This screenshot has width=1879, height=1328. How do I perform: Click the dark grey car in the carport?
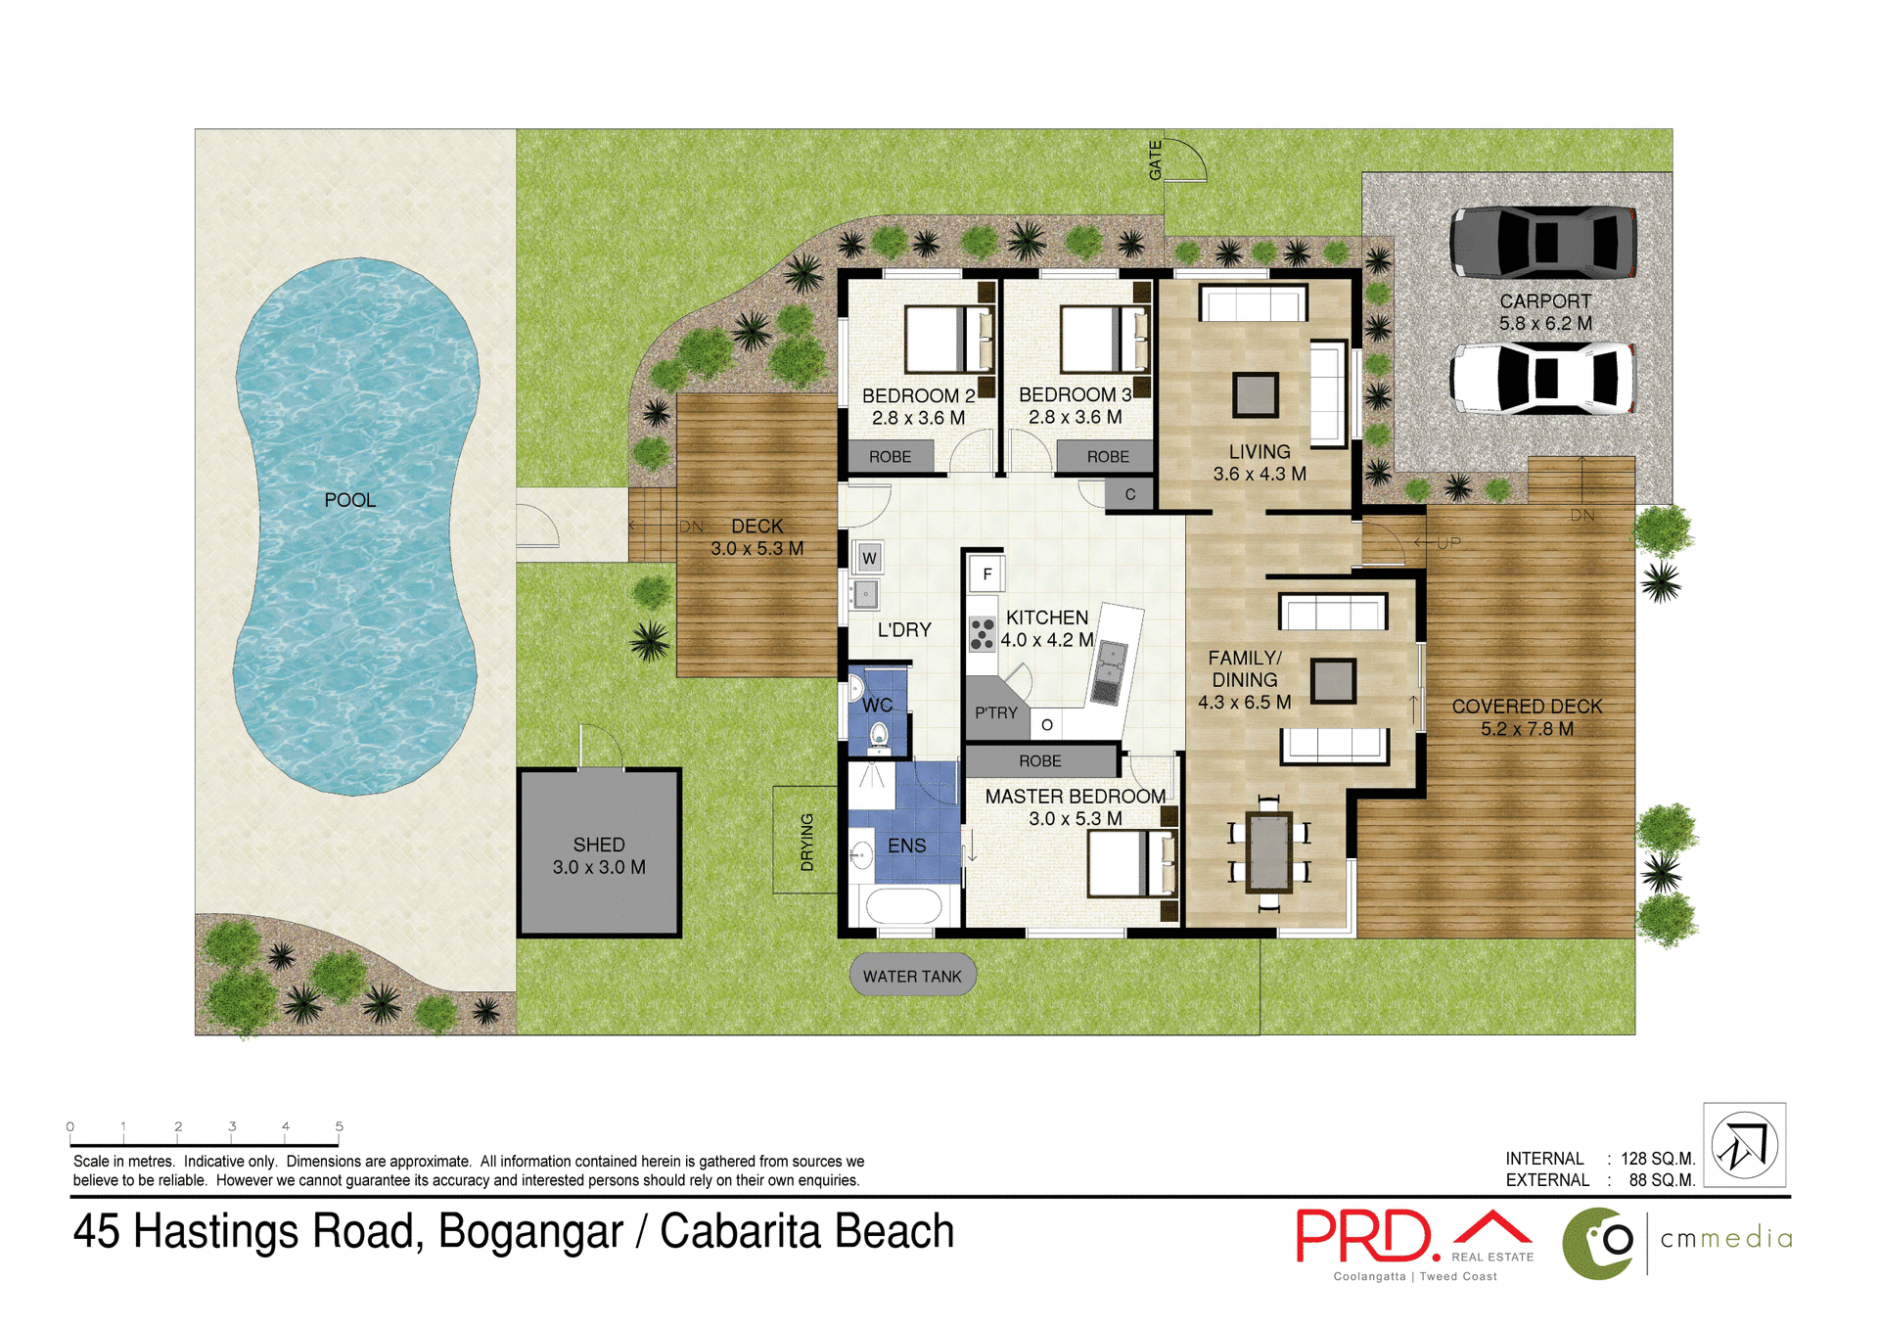(x=1542, y=243)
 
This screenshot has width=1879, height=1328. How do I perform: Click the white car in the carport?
(x=1542, y=379)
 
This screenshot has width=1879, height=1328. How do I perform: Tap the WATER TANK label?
(x=912, y=976)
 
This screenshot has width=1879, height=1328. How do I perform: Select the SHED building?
(x=599, y=853)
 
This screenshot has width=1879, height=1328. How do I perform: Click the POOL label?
(x=349, y=500)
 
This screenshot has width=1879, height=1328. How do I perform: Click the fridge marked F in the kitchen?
(x=986, y=574)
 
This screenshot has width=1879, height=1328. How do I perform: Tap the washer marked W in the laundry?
(x=869, y=559)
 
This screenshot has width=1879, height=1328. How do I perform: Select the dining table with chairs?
(x=1268, y=852)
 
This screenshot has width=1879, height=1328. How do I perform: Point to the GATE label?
(x=1156, y=160)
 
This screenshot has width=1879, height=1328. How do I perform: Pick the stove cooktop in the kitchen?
(x=983, y=634)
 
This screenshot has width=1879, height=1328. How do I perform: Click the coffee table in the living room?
(x=1255, y=395)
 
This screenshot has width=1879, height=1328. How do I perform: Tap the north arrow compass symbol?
(x=1744, y=1145)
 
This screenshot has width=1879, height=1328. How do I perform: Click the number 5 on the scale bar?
(x=340, y=1126)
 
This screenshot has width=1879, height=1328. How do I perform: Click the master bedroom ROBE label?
(x=1039, y=760)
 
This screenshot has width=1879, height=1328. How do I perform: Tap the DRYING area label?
(x=806, y=842)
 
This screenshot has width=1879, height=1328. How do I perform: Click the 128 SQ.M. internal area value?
(x=1657, y=1159)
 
